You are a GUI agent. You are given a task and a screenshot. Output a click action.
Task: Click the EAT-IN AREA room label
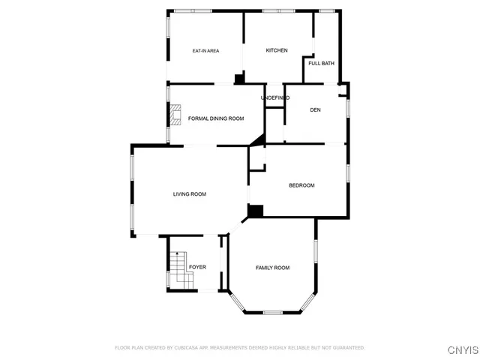coord(205,51)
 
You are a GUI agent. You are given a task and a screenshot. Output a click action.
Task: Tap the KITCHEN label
coord(277,50)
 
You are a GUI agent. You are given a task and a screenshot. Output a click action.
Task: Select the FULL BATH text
coord(321,63)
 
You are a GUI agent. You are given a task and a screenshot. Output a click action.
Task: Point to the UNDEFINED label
coord(275,98)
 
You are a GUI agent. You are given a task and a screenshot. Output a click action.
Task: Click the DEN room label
coord(315,110)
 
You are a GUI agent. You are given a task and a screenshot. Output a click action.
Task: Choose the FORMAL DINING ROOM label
coord(216,118)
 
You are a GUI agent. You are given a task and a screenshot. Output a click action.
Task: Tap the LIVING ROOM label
coord(189,194)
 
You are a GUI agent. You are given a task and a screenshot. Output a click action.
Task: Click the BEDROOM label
coord(301,185)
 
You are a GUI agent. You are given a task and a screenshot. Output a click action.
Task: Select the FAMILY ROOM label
coord(272,268)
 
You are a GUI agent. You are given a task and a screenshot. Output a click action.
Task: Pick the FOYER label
coord(197,267)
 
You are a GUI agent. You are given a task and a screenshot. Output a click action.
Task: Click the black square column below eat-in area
coord(239,78)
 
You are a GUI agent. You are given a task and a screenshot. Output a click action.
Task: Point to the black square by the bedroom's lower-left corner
coord(255,211)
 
